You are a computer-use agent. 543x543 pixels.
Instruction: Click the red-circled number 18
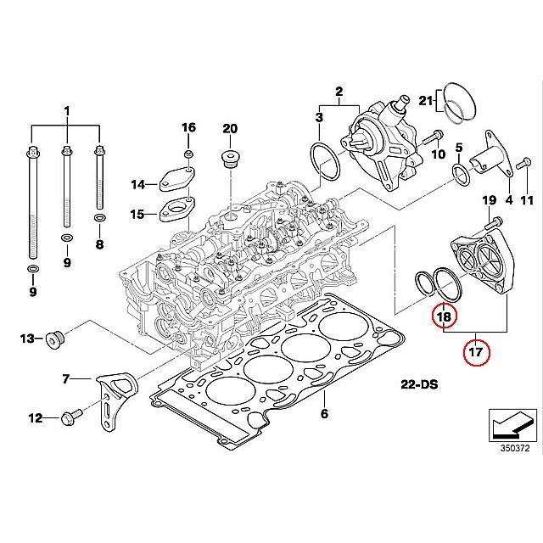click(x=445, y=316)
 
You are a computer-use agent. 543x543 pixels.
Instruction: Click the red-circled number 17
click(x=476, y=352)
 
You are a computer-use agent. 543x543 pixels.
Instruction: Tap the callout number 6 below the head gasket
click(x=324, y=413)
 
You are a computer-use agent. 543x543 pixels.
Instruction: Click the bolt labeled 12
click(x=71, y=417)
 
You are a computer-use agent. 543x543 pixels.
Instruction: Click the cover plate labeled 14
click(x=177, y=179)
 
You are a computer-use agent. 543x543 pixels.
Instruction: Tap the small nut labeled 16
click(x=188, y=154)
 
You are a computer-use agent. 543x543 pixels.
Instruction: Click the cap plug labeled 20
click(x=231, y=159)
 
